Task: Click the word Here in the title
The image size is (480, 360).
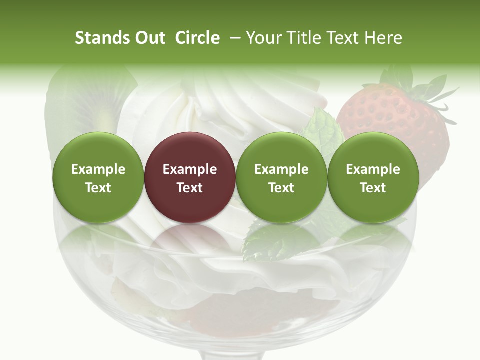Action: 384,38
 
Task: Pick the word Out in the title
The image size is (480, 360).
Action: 148,38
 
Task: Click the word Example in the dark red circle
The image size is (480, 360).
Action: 190,169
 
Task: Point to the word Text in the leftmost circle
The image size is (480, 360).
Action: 98,188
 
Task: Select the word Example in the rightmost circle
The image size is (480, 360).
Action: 373,169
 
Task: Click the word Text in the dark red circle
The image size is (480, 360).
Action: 190,188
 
